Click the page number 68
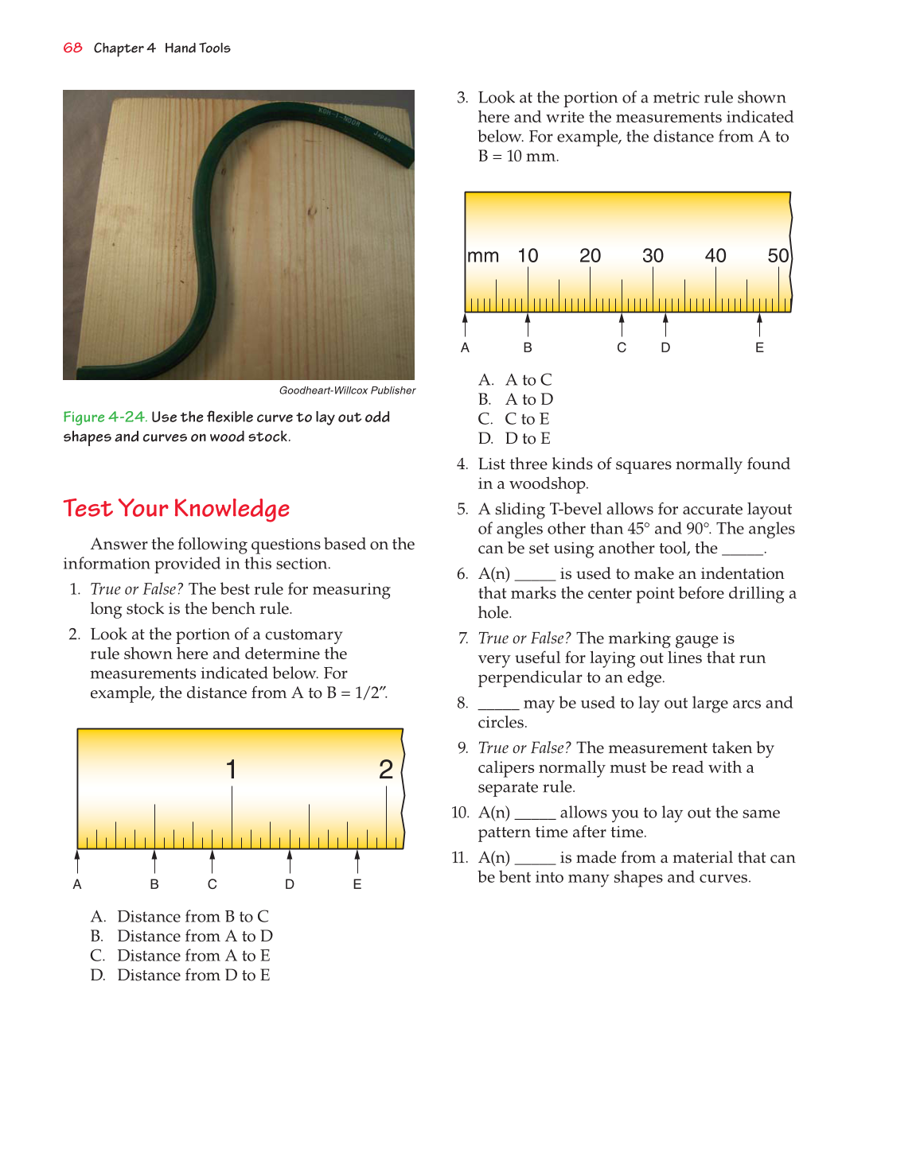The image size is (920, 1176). tap(72, 48)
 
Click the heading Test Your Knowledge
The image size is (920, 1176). tap(176, 508)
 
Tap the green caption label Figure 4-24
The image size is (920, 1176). tap(104, 417)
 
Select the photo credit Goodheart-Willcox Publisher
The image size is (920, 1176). tap(347, 390)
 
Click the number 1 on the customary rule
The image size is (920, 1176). tap(231, 769)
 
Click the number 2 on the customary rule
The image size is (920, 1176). tap(386, 769)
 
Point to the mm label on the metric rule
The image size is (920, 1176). tap(483, 256)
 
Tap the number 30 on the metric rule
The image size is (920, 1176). tap(653, 256)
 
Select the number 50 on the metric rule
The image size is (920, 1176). tap(778, 256)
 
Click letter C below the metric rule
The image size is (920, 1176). tap(622, 347)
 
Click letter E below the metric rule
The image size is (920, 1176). tap(759, 347)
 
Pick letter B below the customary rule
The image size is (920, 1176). tap(154, 884)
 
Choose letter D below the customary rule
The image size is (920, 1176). tap(290, 884)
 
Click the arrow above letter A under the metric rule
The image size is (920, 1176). tap(466, 324)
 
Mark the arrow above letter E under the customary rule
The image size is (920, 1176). tap(357, 861)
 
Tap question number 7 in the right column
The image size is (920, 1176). tap(462, 638)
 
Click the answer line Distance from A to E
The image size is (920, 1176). tap(193, 956)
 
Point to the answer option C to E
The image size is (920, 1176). tap(527, 419)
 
